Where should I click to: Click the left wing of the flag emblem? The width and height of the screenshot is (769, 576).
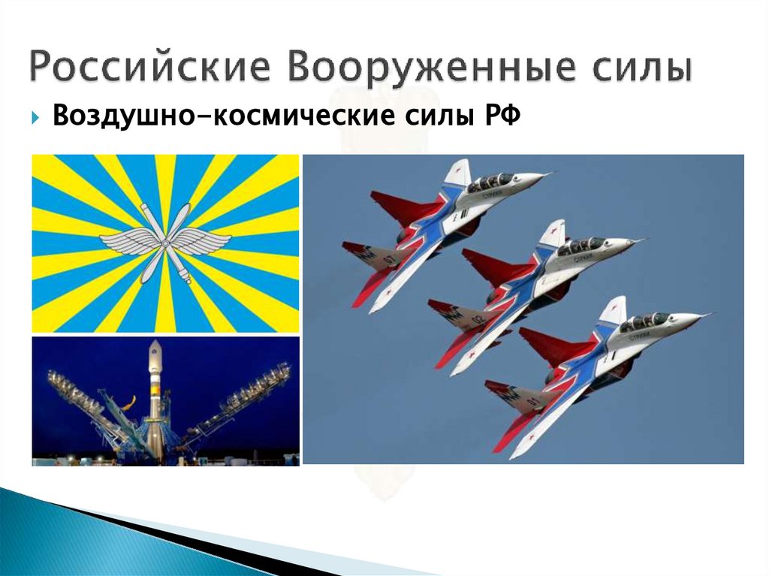pos(126,242)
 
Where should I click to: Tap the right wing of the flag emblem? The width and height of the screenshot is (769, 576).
pos(204,242)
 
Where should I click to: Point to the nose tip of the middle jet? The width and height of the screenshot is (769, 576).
pos(642,241)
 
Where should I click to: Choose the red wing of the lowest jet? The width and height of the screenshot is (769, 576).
pos(552,345)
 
